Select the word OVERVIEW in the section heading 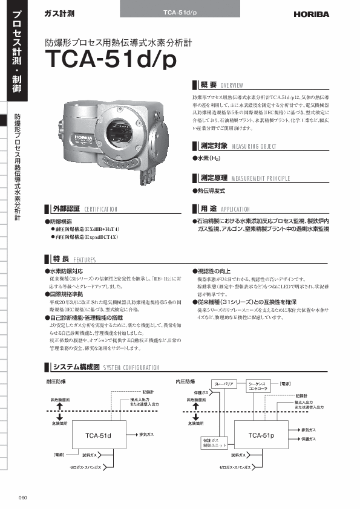click(232, 86)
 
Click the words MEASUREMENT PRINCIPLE click(261, 178)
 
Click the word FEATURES click(85, 259)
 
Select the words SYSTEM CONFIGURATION click(131, 368)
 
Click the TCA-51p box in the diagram click(261, 435)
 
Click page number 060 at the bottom click(23, 498)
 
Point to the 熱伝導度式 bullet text click(212, 190)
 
